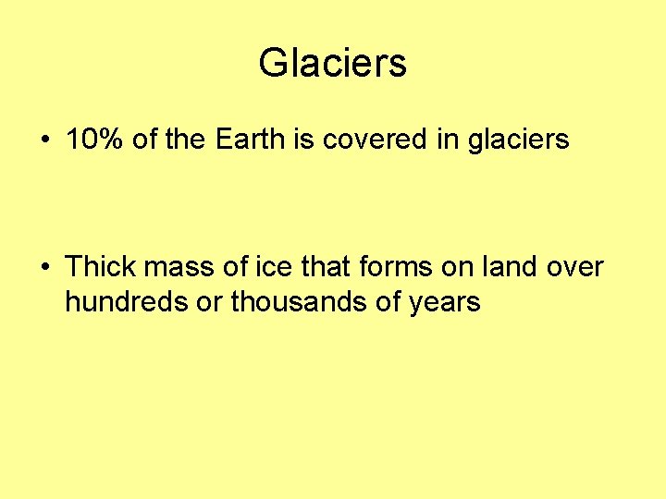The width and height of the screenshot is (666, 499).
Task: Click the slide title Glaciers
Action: [332, 64]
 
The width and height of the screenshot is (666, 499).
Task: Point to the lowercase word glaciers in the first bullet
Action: [518, 140]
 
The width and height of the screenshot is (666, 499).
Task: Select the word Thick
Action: [99, 267]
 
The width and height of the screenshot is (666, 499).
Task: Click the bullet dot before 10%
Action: [44, 141]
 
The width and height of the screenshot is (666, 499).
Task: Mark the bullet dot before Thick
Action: [44, 268]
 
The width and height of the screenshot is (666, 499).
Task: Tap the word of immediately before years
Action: [392, 302]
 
